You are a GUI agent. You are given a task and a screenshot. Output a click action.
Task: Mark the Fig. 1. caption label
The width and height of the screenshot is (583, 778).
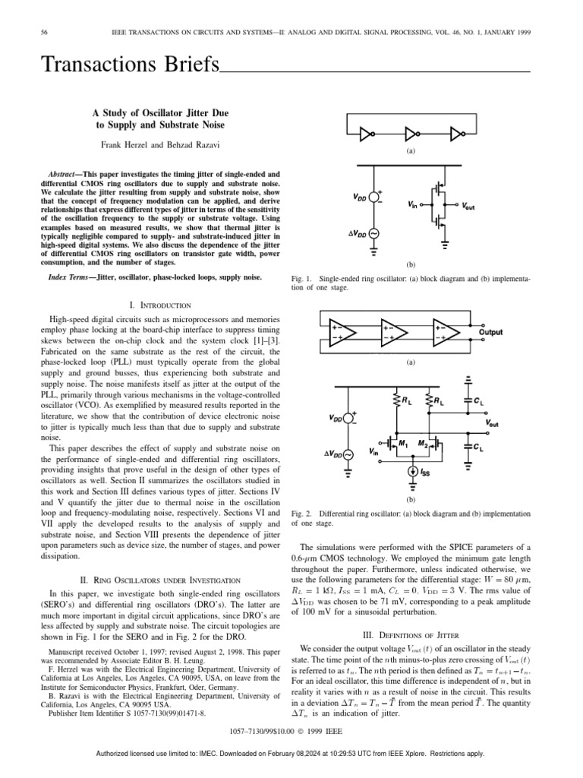[302, 280]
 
